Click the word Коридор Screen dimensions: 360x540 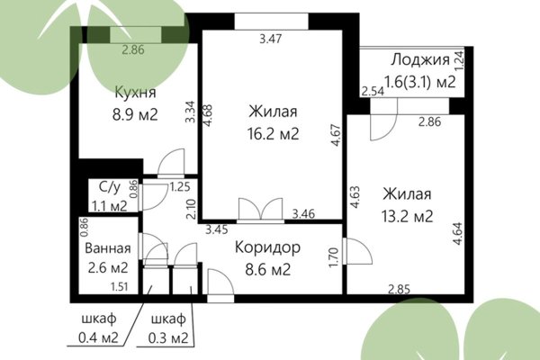pyautogui.click(x=267, y=246)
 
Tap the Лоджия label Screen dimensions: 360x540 pyautogui.click(x=419, y=60)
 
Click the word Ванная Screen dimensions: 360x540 pyautogui.click(x=109, y=248)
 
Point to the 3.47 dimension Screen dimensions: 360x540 pyautogui.click(x=269, y=39)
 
